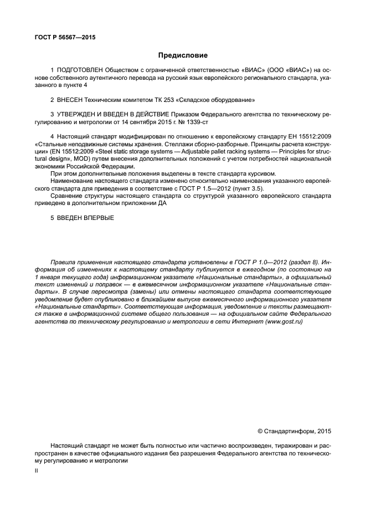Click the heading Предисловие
(183, 55)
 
